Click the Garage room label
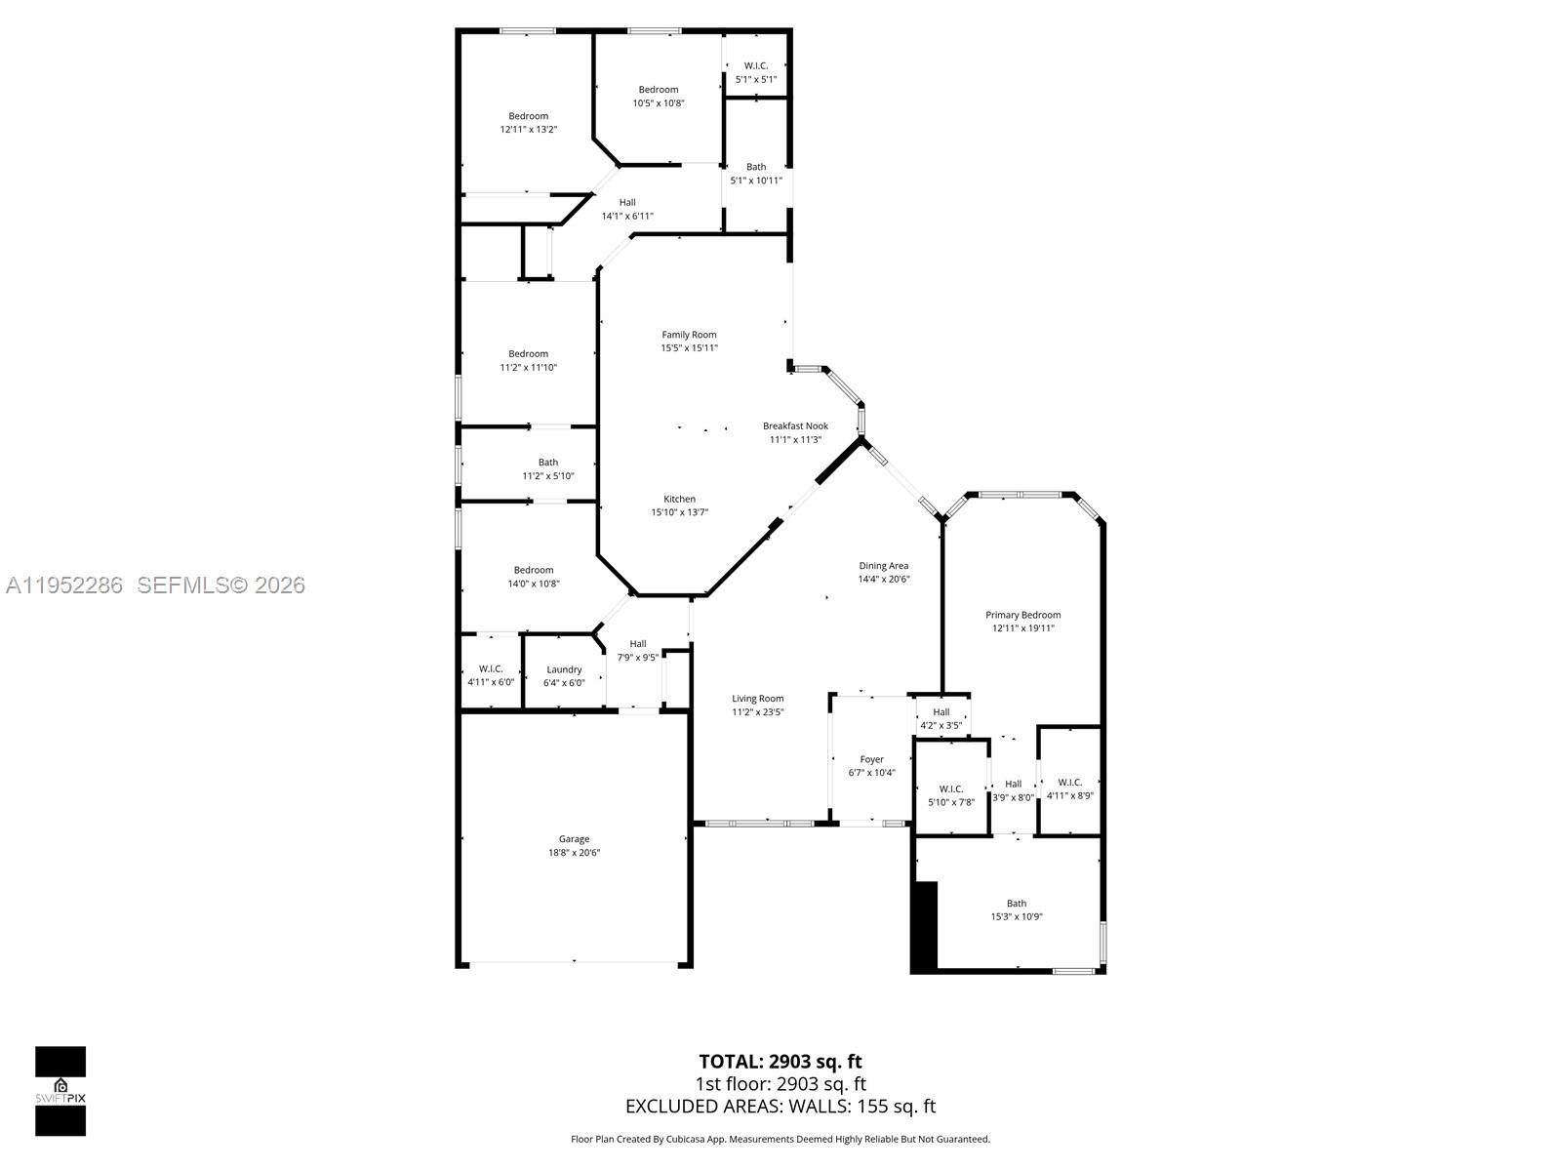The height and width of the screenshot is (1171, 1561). (x=574, y=839)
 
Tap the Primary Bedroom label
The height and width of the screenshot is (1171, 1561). (x=1022, y=615)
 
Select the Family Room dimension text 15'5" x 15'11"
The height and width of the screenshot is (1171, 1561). (x=689, y=347)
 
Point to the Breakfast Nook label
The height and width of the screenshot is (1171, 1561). (x=795, y=426)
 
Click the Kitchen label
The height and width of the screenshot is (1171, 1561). (x=679, y=499)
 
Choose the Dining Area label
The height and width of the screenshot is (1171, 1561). (x=883, y=566)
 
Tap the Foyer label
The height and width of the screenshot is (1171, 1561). (x=871, y=759)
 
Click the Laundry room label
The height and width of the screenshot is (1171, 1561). (x=564, y=669)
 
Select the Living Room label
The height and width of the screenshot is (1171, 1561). (x=757, y=699)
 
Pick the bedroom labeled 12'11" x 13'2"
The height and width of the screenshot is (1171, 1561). (x=528, y=122)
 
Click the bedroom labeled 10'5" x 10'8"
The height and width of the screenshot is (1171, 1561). (x=659, y=96)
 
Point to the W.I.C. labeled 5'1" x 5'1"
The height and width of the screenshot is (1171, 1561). (x=755, y=72)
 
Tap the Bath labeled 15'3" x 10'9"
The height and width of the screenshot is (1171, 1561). (x=1017, y=909)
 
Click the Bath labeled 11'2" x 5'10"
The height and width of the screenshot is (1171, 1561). (x=547, y=469)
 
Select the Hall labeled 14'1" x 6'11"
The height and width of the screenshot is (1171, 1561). (x=626, y=209)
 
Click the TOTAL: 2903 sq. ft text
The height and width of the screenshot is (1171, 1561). (x=780, y=1061)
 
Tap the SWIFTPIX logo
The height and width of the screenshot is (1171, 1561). (x=60, y=1090)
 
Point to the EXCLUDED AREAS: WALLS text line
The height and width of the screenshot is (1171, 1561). (x=780, y=1106)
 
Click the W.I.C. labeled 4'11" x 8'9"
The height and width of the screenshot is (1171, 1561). (x=1069, y=788)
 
